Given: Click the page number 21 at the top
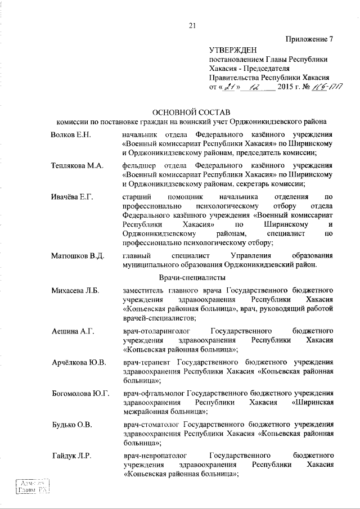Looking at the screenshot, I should tap(192, 24).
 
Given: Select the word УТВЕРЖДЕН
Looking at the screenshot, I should tap(232, 50).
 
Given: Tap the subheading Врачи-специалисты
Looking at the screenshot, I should tap(192, 278).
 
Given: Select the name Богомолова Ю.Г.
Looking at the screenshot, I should tap(79, 391).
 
